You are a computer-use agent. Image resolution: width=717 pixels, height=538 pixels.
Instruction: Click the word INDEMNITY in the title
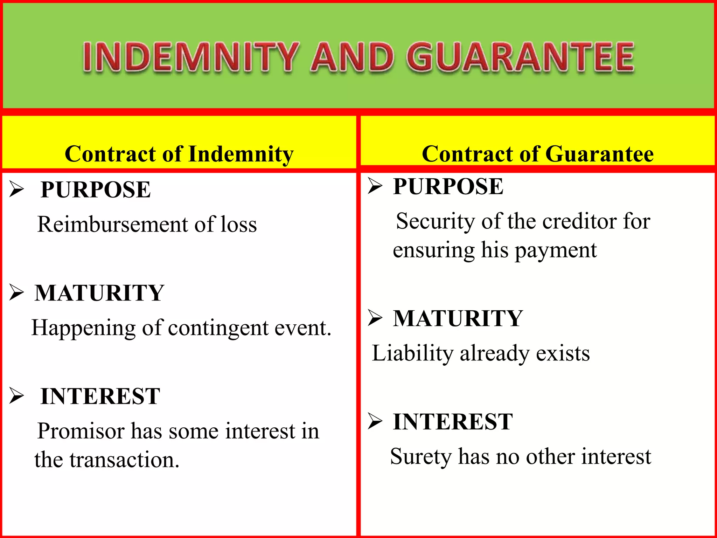[x=191, y=57]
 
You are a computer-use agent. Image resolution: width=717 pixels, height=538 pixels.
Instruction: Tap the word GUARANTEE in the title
[x=520, y=57]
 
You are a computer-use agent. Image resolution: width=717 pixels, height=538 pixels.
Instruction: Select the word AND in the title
[x=352, y=57]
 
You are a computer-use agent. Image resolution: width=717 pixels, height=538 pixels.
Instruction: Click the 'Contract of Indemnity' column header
[x=179, y=154]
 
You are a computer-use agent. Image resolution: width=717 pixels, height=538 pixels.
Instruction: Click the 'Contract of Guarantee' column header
[x=537, y=154]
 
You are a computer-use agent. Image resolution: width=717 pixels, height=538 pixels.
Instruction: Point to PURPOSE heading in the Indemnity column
[x=96, y=189]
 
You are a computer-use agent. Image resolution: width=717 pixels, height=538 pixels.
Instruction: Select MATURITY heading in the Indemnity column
[x=99, y=293]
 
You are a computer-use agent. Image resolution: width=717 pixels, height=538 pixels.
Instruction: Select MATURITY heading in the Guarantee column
[x=458, y=318]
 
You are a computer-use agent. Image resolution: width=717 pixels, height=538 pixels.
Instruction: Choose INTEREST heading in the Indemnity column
[x=100, y=396]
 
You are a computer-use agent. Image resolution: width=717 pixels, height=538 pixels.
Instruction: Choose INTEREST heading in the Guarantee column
[x=453, y=421]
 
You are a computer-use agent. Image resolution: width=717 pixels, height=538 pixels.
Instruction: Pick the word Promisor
[x=81, y=431]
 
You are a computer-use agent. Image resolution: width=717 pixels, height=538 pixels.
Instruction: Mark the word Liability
[x=412, y=353]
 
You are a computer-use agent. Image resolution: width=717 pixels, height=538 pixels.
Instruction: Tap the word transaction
[x=124, y=460]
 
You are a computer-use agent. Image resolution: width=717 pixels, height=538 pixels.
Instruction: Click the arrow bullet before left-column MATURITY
[x=16, y=292]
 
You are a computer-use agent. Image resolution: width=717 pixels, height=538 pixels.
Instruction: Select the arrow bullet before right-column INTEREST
[x=375, y=421]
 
